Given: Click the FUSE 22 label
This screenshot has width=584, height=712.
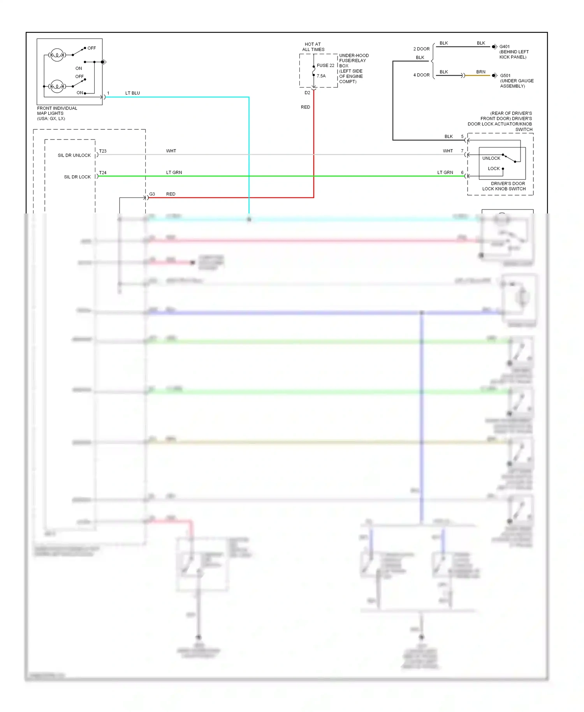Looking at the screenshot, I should click(325, 65).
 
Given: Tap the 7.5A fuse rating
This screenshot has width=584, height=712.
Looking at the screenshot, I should click(321, 76).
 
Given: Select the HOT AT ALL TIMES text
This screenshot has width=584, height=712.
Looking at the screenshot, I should click(313, 47).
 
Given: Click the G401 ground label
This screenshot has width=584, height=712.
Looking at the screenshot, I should click(505, 46).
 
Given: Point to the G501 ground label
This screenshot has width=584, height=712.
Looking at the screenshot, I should click(505, 76).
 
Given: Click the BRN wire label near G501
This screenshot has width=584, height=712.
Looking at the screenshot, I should click(481, 72).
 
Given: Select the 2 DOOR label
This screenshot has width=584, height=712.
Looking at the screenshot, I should click(421, 49).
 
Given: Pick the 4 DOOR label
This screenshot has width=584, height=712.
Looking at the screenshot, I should click(421, 75).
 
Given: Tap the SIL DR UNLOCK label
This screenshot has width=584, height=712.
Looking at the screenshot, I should click(74, 155).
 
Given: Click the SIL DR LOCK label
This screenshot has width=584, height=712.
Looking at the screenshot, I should click(77, 177).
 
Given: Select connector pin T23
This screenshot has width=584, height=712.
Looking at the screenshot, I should click(103, 151).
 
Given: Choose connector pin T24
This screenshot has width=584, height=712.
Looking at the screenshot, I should click(103, 173).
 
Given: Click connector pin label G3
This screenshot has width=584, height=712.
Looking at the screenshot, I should click(152, 194).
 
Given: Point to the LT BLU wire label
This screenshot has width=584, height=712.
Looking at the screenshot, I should click(132, 93).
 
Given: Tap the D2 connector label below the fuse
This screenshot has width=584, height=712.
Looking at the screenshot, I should click(307, 93).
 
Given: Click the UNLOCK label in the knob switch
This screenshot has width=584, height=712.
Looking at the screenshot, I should click(491, 158).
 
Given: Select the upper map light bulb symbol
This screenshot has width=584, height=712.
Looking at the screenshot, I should click(57, 55).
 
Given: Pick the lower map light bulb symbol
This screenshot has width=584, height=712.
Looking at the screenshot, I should click(57, 86).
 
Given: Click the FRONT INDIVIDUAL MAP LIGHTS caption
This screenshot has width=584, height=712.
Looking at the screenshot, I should click(57, 113).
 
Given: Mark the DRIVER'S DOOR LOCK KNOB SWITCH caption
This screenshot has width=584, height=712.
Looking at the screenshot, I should click(504, 186).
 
